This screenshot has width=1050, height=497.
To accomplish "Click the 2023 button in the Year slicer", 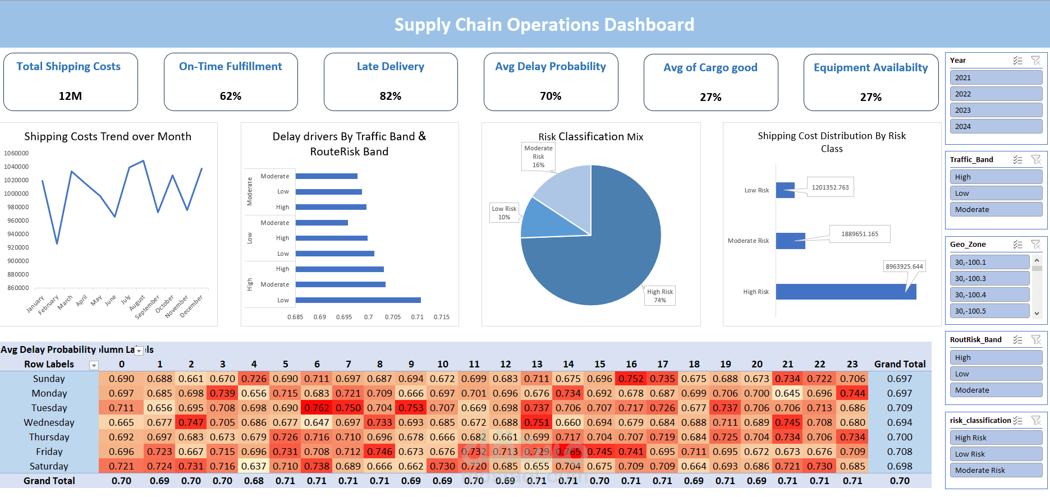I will click(x=995, y=111).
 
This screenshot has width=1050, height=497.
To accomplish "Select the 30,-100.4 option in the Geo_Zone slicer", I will click(x=989, y=294).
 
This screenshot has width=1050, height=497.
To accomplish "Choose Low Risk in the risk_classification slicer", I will click(x=995, y=454).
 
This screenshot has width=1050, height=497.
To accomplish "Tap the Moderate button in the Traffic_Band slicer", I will click(x=995, y=209).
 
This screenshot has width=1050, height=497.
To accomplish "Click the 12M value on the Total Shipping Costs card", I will click(x=70, y=96).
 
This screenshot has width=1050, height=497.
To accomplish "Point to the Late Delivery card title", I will click(x=390, y=66).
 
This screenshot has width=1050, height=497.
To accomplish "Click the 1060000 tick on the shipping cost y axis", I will click(x=16, y=153).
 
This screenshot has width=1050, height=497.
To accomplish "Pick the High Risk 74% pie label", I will click(x=659, y=296).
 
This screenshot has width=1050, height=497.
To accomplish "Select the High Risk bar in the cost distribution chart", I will click(x=845, y=292).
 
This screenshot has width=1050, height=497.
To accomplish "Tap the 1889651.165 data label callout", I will click(x=859, y=234).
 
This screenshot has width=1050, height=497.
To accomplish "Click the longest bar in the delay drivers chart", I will click(x=357, y=300).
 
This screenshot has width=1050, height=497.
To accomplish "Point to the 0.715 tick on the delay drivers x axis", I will click(x=441, y=317).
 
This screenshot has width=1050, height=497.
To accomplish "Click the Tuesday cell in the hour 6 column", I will click(x=317, y=408).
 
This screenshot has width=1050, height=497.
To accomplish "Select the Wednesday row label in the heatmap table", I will click(x=49, y=422).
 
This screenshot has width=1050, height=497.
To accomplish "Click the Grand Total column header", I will click(x=899, y=364).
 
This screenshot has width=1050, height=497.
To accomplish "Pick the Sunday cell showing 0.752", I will click(x=631, y=379).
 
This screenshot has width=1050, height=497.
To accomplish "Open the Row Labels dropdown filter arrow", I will click(x=94, y=365).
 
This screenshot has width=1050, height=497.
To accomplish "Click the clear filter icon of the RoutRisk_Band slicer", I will click(x=1036, y=340).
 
